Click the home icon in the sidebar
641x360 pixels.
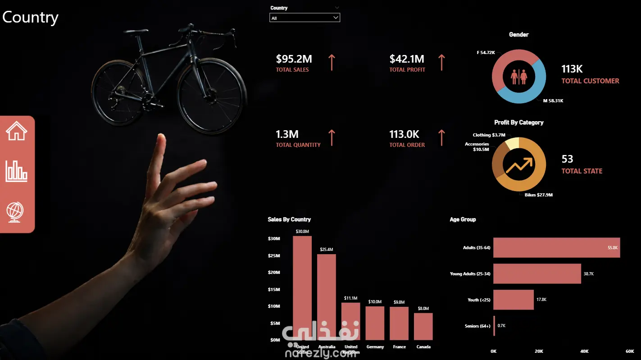tap(17, 132)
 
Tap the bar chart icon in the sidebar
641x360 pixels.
tap(17, 171)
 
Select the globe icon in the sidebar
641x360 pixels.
tap(15, 211)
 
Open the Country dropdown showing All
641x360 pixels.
tap(305, 18)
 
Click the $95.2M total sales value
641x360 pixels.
tap(294, 59)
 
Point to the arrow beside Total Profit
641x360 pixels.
tap(441, 62)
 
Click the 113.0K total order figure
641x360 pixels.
tap(404, 134)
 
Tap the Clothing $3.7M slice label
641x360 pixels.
tap(489, 135)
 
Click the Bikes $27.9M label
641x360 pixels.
tap(538, 195)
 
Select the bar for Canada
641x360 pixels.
tap(423, 326)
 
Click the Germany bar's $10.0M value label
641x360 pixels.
tap(375, 302)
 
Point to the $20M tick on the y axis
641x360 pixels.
tap(274, 273)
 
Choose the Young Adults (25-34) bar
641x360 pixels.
tap(537, 273)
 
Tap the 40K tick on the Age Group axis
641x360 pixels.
tap(584, 351)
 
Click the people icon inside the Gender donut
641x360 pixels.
tap(519, 77)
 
